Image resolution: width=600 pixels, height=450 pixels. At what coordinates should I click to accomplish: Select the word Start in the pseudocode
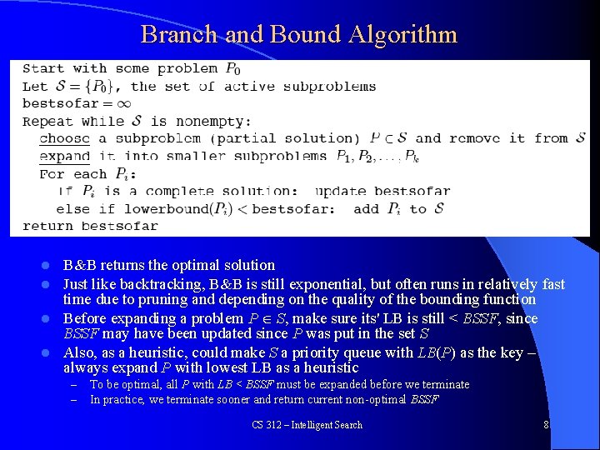(43, 68)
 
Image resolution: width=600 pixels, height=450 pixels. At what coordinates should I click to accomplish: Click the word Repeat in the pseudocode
(47, 121)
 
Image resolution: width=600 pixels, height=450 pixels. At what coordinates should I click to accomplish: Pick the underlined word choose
(64, 138)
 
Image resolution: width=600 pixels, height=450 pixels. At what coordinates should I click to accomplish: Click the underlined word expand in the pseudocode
(64, 156)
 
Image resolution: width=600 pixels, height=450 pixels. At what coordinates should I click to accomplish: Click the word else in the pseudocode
(72, 208)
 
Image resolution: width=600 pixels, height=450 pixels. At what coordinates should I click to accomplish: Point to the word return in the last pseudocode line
(47, 226)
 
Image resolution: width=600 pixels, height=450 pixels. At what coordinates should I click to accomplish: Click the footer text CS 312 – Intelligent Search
(307, 425)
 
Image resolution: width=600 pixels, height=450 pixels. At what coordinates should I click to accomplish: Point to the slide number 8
(546, 425)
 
